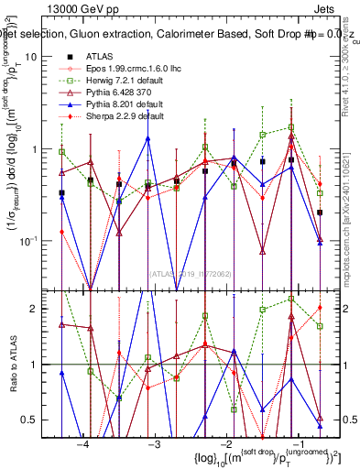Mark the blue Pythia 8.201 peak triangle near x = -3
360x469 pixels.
pyautogui.click(x=147, y=138)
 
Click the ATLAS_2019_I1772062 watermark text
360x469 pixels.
pyautogui.click(x=190, y=273)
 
